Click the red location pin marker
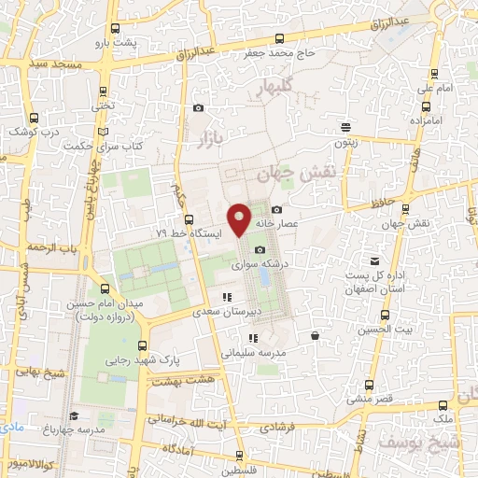[x=240, y=218]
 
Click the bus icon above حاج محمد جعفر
[x=279, y=38]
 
